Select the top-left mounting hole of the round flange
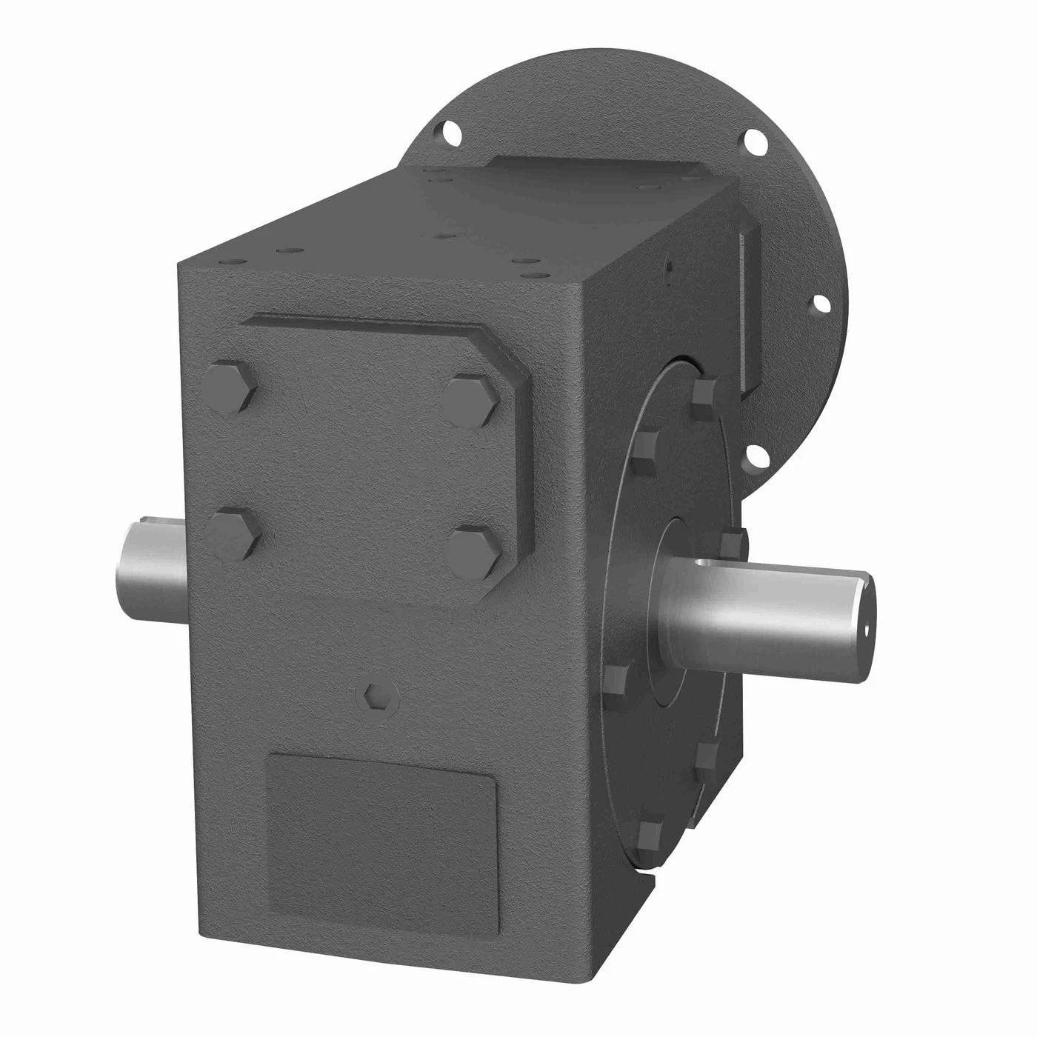point(449,135)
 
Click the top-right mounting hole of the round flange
point(756,140)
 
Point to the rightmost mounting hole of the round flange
point(819,302)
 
